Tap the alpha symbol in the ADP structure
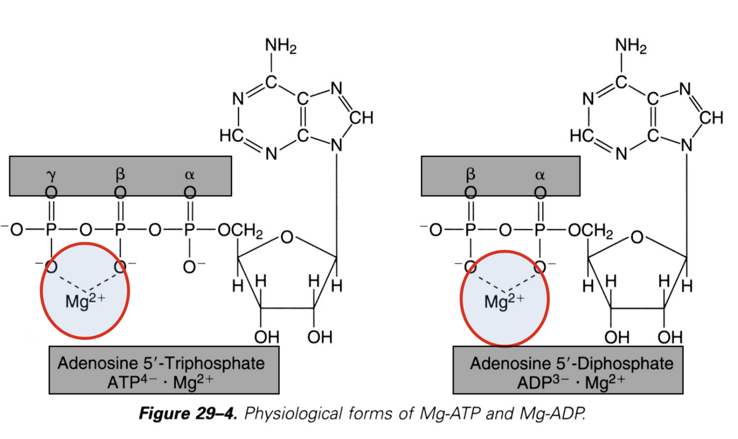tap(540, 175)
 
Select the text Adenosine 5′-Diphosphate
tap(572, 364)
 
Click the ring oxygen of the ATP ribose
tap(287, 239)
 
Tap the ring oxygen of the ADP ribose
tap(637, 239)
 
